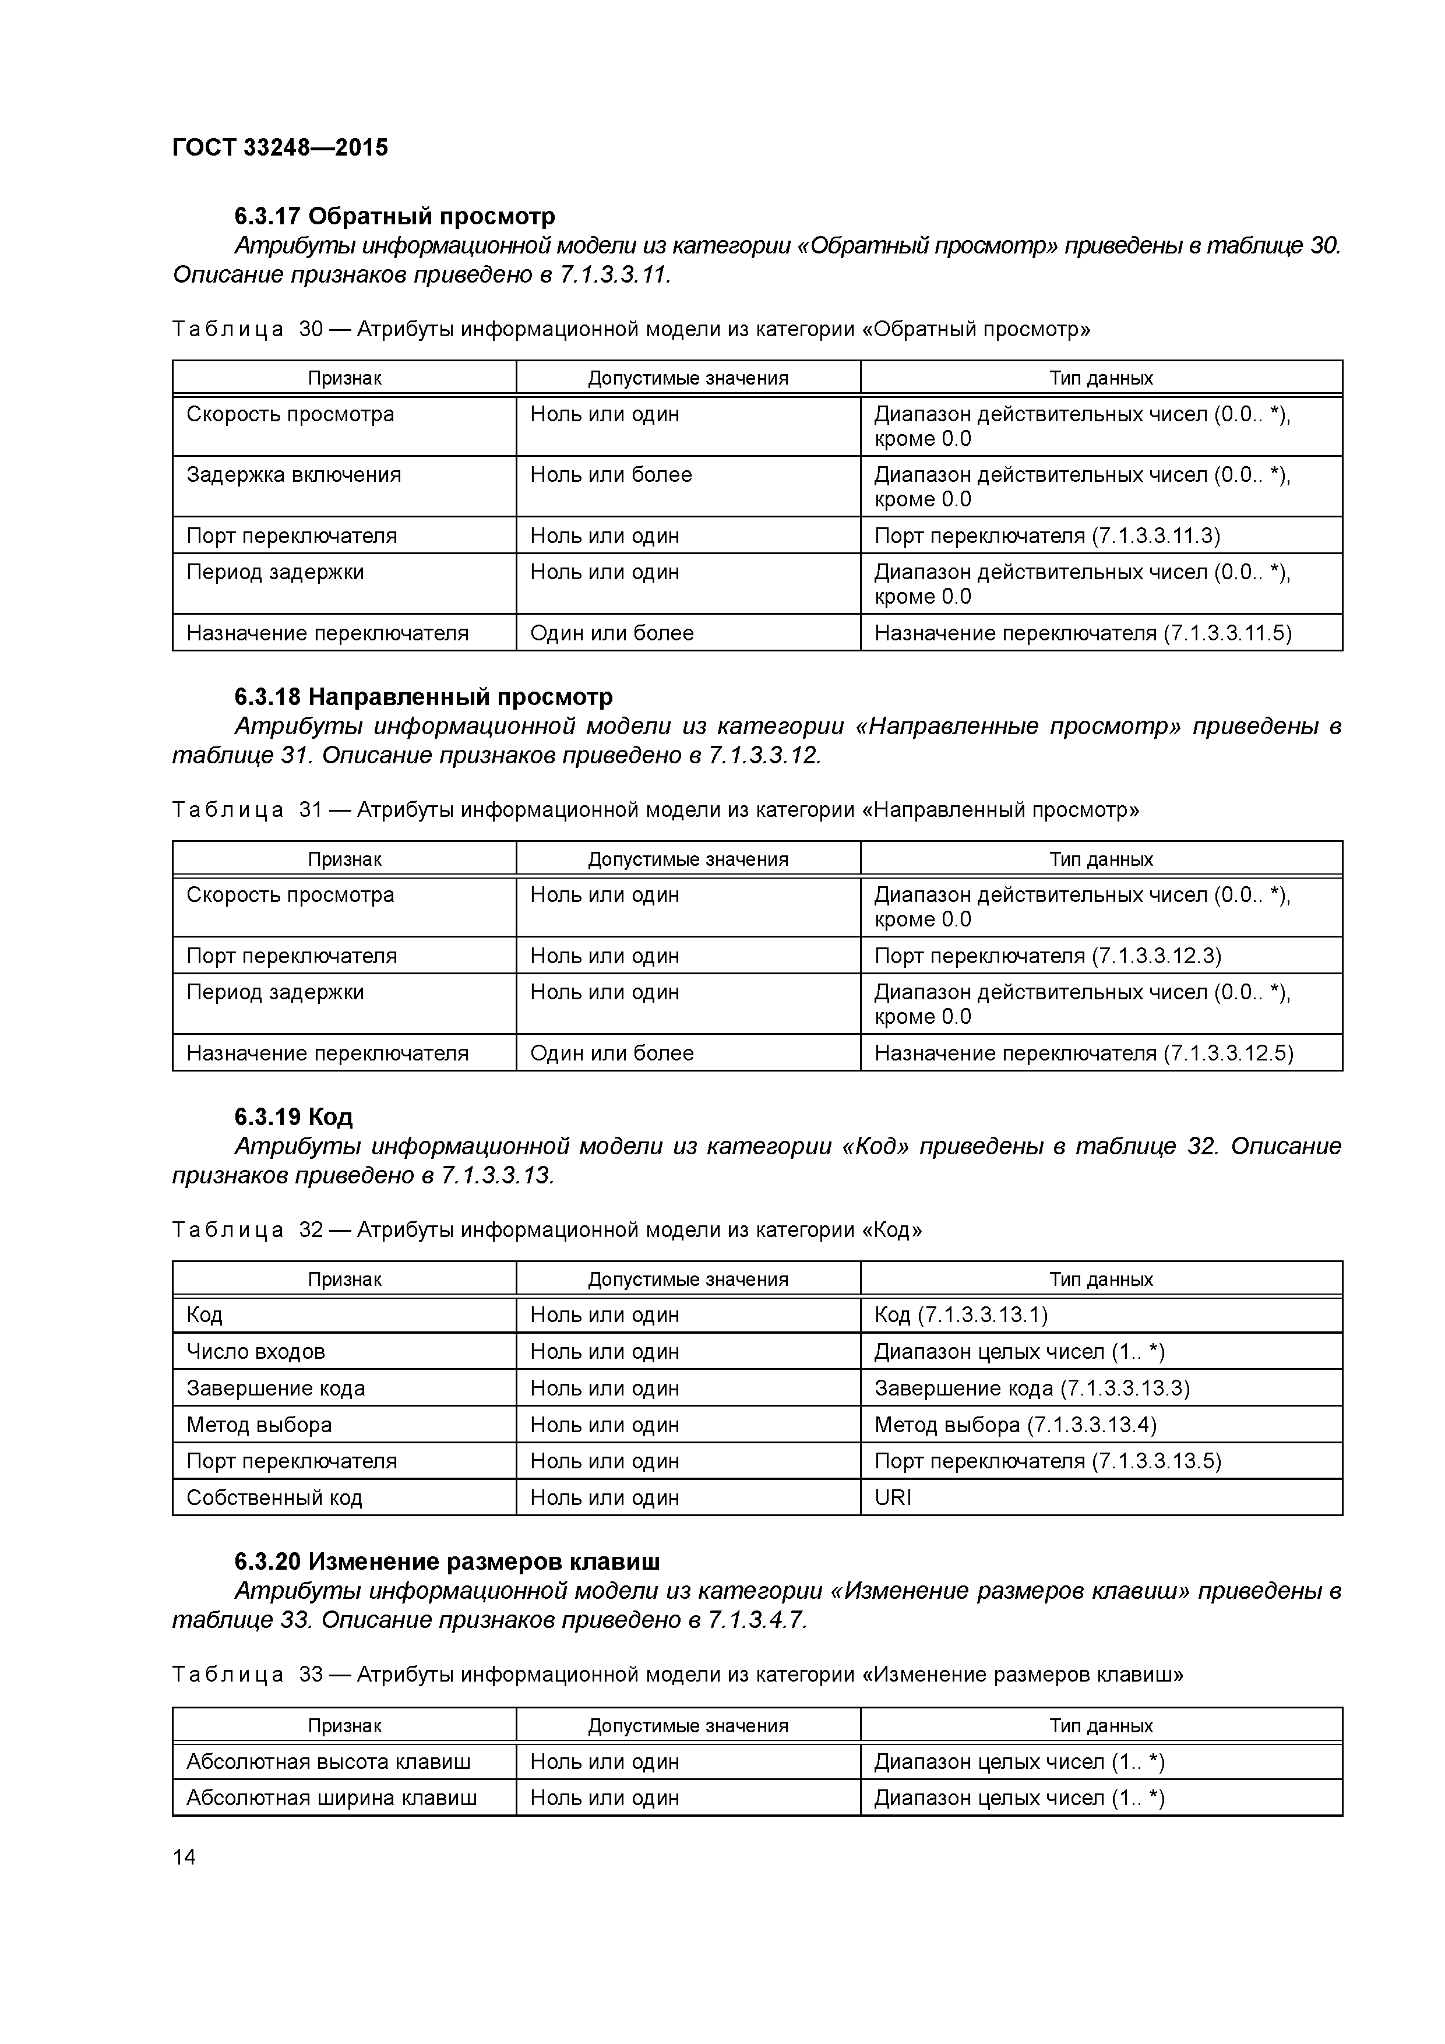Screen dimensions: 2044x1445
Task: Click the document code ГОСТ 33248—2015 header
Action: point(280,148)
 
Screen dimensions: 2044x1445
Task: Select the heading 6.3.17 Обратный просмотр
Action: point(394,216)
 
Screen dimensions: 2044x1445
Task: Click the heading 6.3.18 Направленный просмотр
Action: point(423,696)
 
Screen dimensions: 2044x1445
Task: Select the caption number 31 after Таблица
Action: point(310,810)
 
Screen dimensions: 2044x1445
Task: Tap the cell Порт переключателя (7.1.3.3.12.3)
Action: point(1047,956)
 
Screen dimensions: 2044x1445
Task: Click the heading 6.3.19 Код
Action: point(293,1116)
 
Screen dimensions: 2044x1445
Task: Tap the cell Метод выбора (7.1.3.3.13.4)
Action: point(1015,1425)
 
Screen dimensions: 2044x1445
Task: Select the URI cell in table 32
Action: point(893,1497)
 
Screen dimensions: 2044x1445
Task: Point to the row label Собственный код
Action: point(274,1497)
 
